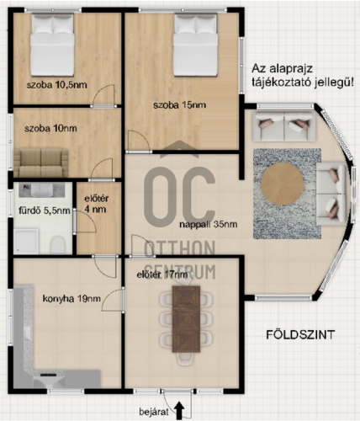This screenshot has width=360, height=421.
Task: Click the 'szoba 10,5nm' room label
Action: point(57,85)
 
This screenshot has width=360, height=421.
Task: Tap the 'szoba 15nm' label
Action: point(179,105)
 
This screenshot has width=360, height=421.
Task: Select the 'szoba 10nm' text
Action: point(50,129)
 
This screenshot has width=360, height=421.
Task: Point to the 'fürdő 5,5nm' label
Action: point(45,210)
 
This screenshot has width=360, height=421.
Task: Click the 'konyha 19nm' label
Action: point(71,298)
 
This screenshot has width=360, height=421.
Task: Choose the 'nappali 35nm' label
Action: point(209,224)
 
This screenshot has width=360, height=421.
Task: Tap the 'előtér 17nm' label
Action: point(162,274)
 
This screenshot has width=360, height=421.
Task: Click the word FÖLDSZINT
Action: point(300,334)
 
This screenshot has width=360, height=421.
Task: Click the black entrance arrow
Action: point(179,410)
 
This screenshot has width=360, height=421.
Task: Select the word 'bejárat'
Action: point(154,412)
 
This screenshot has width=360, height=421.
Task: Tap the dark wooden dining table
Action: point(186,319)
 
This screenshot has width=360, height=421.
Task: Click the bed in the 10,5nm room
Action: point(52,45)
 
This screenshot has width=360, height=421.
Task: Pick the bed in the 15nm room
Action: point(195,45)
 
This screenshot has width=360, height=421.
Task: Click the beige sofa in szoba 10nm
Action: point(41,163)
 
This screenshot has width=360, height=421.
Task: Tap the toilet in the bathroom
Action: point(58,244)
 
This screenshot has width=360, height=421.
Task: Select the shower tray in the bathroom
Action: point(27,241)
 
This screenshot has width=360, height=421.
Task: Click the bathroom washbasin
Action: point(41,190)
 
